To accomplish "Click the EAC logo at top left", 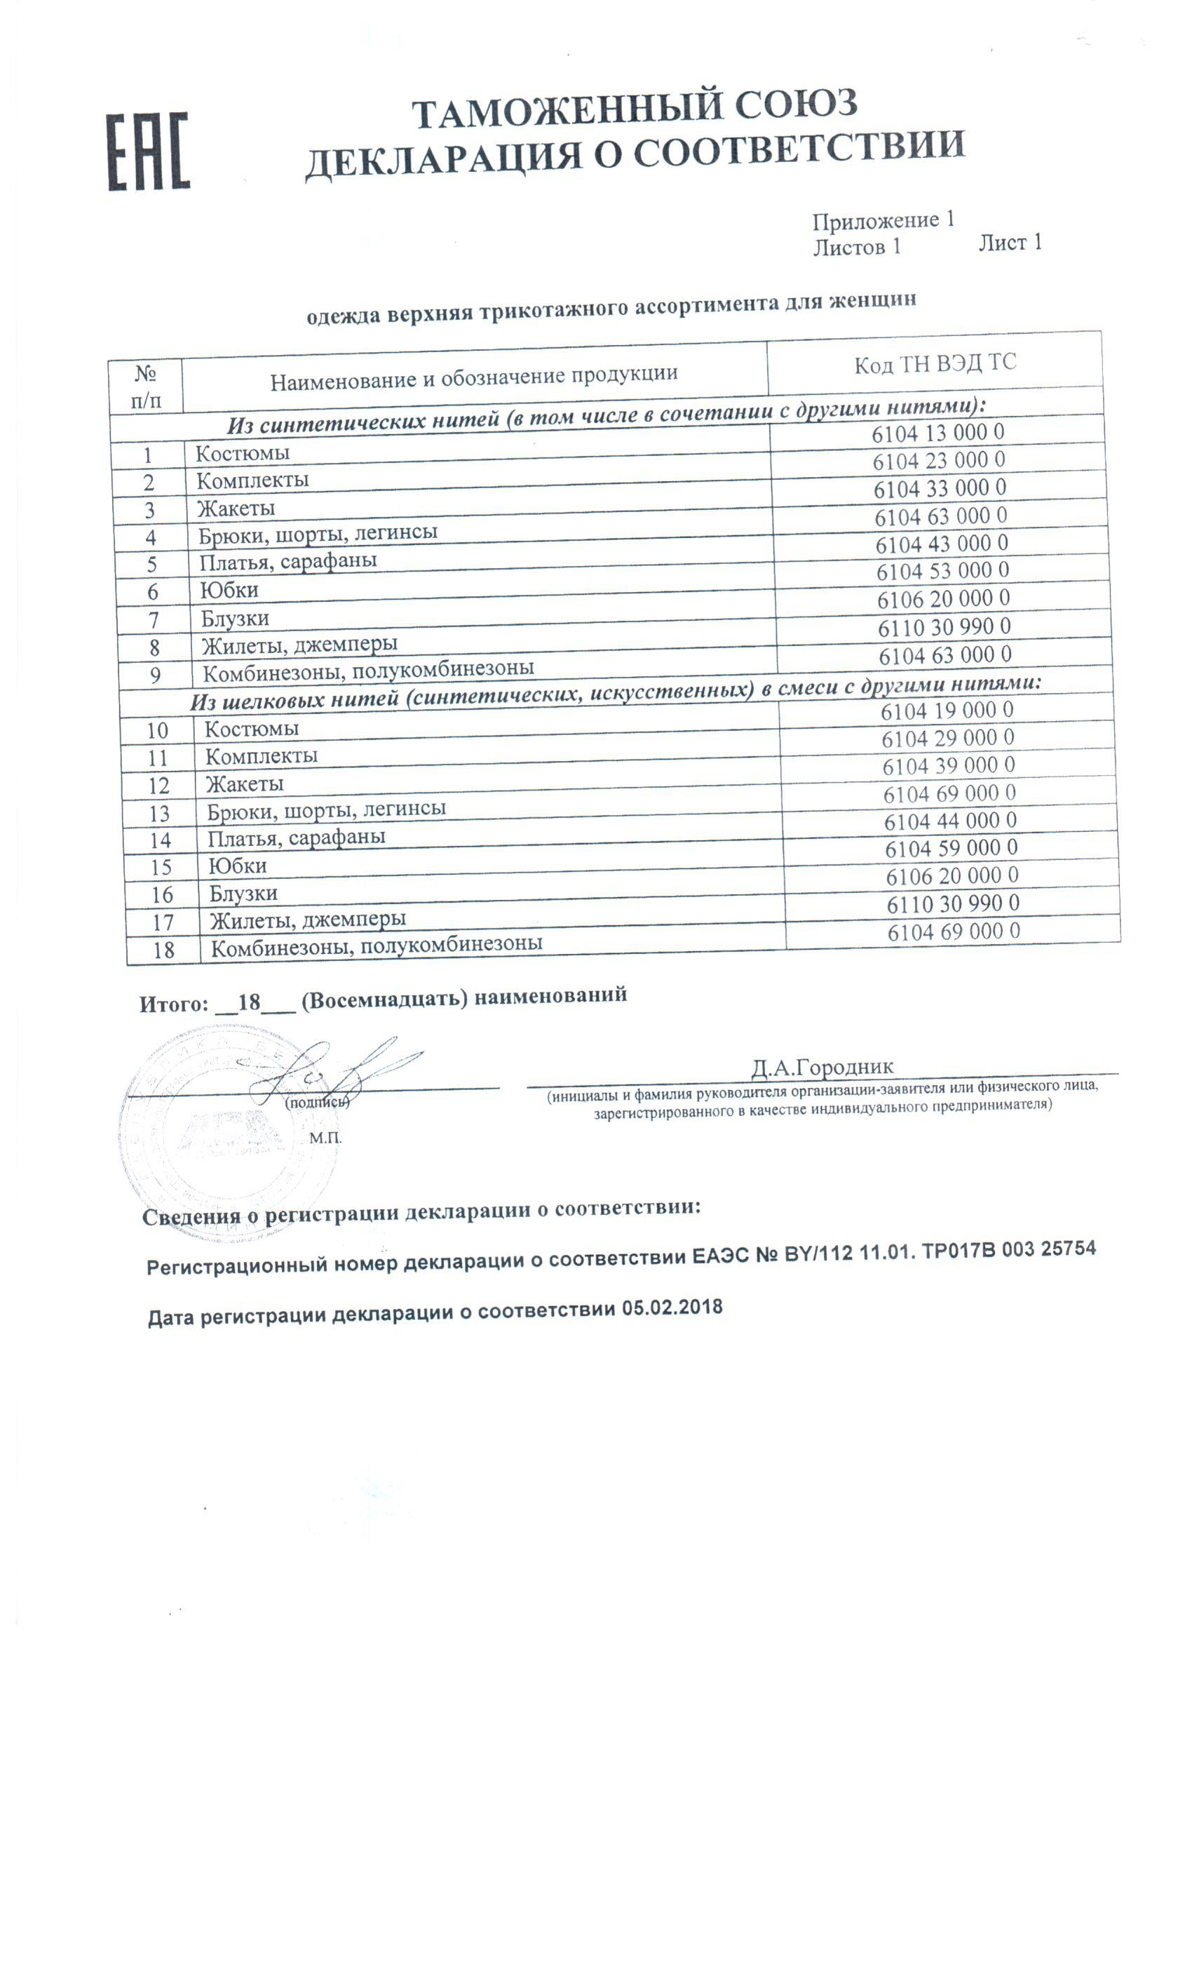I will tap(148, 152).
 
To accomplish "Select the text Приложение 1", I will tap(883, 221).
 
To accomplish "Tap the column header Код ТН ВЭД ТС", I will tap(935, 364).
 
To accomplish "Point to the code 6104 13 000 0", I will tap(937, 433).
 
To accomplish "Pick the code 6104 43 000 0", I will tap(941, 544).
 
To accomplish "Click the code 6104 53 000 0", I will tap(942, 572).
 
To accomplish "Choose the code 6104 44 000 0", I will tap(949, 821).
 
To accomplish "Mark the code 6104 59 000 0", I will tap(951, 849).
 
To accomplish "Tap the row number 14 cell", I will tap(160, 840).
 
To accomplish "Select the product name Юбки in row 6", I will tap(229, 591).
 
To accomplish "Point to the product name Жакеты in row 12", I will tap(245, 784).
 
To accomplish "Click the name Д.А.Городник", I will tap(822, 1068).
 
